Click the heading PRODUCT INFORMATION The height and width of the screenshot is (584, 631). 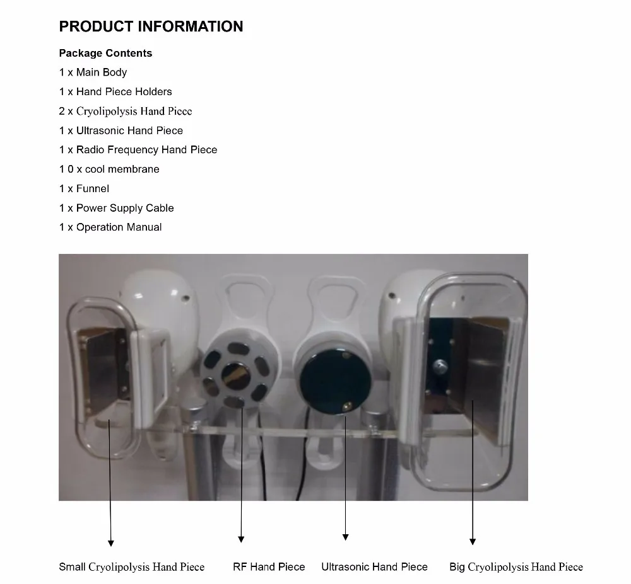[151, 26]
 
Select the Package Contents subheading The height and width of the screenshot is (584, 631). [105, 54]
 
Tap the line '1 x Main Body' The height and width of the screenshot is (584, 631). [93, 72]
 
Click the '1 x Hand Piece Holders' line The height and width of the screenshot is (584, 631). [115, 92]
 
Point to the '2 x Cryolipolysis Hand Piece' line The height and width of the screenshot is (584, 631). [126, 112]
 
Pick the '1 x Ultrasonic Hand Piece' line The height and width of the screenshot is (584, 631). [121, 131]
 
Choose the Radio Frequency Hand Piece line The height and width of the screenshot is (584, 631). [138, 150]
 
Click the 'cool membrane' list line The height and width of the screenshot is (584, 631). [109, 169]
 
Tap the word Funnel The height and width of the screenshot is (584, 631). [93, 189]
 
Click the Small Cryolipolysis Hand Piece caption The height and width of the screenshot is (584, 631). [132, 567]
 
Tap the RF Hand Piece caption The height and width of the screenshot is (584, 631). [269, 567]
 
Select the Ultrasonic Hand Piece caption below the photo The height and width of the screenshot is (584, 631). [374, 567]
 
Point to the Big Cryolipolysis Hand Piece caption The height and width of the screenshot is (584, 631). [516, 567]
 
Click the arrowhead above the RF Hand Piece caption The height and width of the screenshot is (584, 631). [241, 539]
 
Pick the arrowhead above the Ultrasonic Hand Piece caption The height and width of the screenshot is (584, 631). [345, 537]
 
